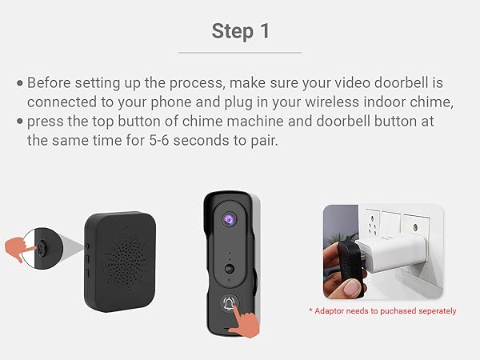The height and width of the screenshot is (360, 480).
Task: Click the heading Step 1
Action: click(239, 31)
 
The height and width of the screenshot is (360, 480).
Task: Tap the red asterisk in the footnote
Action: click(310, 310)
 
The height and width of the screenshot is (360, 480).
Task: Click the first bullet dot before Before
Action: click(19, 82)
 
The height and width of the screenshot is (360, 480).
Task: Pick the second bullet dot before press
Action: click(19, 121)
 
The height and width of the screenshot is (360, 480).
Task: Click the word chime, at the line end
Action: click(438, 102)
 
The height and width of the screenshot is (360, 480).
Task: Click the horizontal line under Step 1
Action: click(239, 53)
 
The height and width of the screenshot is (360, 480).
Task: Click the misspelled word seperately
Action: click(431, 310)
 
